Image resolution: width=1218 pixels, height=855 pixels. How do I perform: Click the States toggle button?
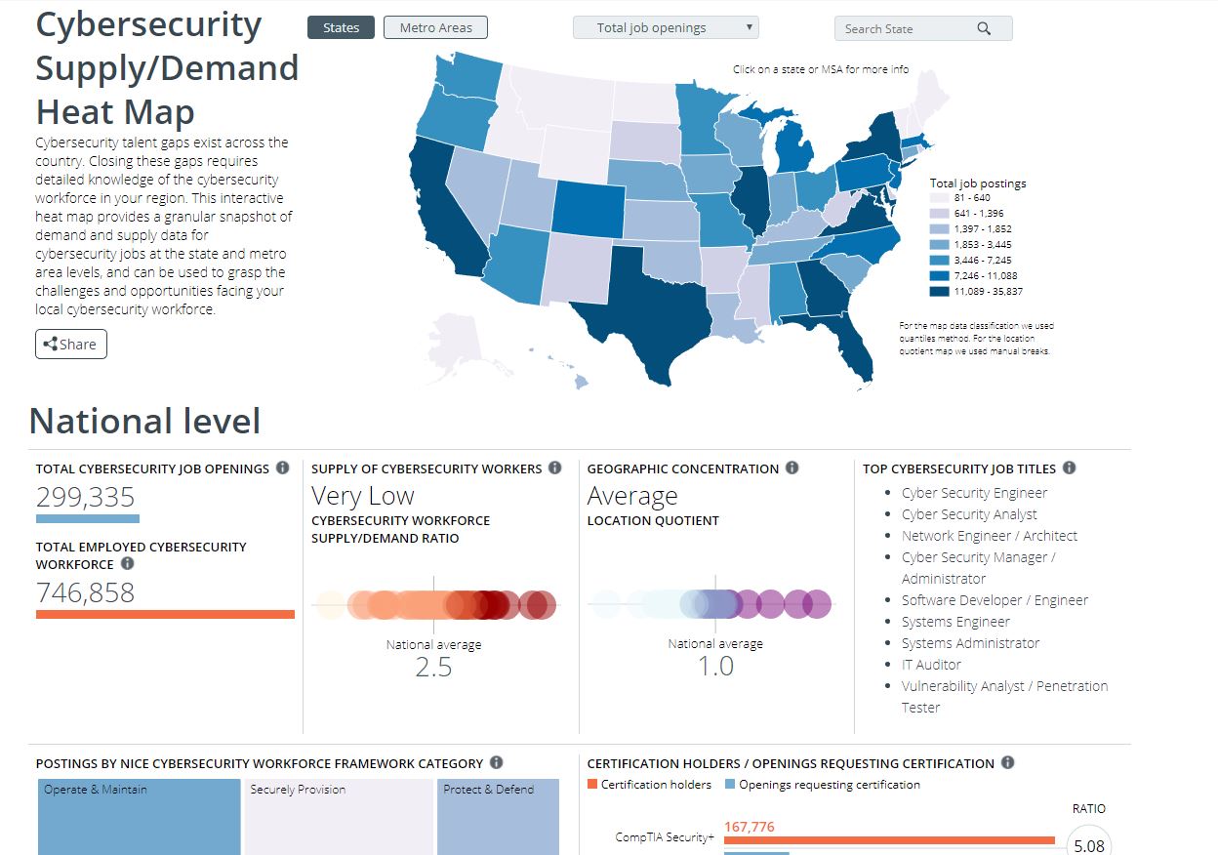[x=341, y=27]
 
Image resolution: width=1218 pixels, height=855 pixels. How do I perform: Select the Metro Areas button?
[x=435, y=27]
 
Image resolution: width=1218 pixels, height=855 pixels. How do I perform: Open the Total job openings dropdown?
[x=665, y=27]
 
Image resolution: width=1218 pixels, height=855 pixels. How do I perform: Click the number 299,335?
[x=86, y=497]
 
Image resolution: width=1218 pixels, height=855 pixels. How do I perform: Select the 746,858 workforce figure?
[x=86, y=592]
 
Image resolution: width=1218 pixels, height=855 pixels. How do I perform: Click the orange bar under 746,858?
[x=165, y=614]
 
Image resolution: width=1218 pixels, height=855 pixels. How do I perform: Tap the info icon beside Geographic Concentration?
[x=792, y=468]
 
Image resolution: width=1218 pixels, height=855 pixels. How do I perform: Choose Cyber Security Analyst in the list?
[x=969, y=514]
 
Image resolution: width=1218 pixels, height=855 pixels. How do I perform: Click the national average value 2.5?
[x=433, y=667]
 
